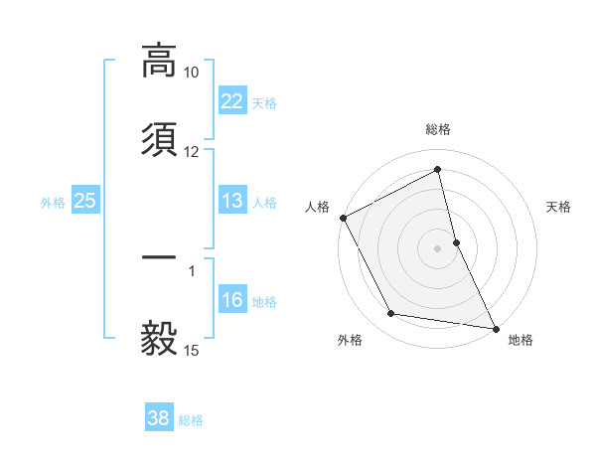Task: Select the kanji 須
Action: coord(159,139)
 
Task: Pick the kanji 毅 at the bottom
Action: coord(159,338)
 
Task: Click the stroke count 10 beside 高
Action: coord(192,73)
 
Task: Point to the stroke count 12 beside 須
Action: coord(192,152)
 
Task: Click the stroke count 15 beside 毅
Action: coord(192,350)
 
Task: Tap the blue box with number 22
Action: coord(231,101)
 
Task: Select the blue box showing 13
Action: coord(231,201)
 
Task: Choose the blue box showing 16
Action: coord(231,300)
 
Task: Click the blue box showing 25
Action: coord(84,201)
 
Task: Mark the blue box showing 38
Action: coord(159,419)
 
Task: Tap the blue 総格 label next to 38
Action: coord(191,420)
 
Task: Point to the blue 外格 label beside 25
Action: coord(53,202)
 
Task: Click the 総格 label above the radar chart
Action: coord(438,129)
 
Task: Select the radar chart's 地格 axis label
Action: coord(521,340)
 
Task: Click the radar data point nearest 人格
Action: coord(343,218)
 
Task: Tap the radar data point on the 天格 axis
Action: coord(456,241)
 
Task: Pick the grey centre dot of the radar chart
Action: coord(438,247)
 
